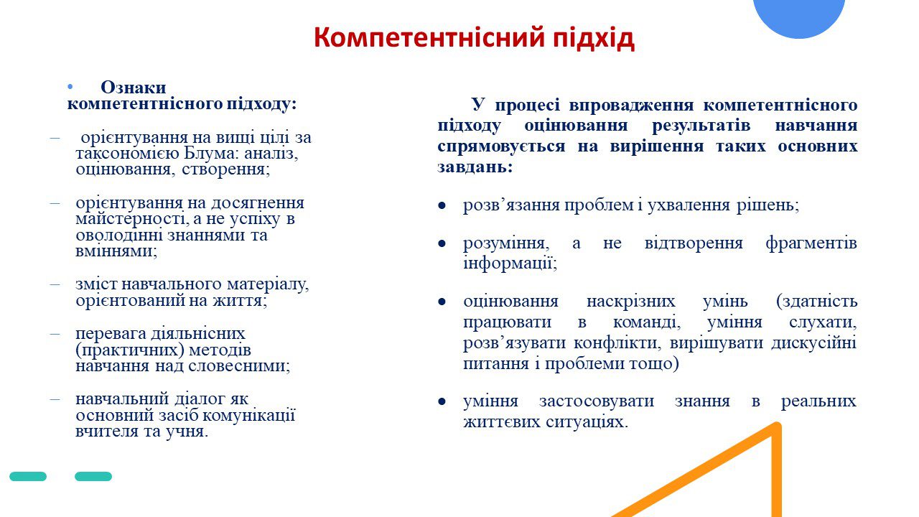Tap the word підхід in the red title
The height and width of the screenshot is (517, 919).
tap(594, 38)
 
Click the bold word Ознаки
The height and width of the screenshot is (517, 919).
tap(134, 87)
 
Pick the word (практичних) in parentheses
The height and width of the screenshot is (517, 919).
tap(130, 350)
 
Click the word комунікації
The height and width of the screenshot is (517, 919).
tap(249, 415)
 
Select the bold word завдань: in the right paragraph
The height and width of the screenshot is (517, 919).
tap(475, 167)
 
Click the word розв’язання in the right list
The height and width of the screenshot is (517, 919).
tap(511, 205)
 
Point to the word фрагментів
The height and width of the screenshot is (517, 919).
tap(811, 243)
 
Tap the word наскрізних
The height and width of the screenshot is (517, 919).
tap(630, 301)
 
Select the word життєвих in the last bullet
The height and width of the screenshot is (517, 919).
tap(502, 421)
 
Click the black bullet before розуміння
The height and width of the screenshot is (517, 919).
tap(442, 243)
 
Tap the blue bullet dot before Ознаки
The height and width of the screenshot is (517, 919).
tap(70, 87)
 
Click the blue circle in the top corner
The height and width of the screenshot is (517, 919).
tap(799, 17)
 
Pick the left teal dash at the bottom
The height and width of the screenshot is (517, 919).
tap(28, 476)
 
